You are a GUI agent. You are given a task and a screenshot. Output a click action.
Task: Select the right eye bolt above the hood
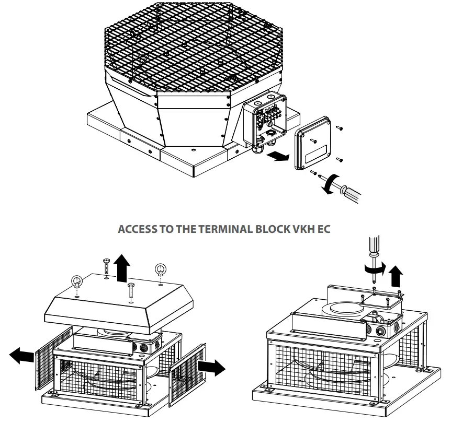160,271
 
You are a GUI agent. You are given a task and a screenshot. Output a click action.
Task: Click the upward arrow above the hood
122,271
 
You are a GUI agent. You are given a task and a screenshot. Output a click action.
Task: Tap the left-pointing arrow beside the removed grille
21,356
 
